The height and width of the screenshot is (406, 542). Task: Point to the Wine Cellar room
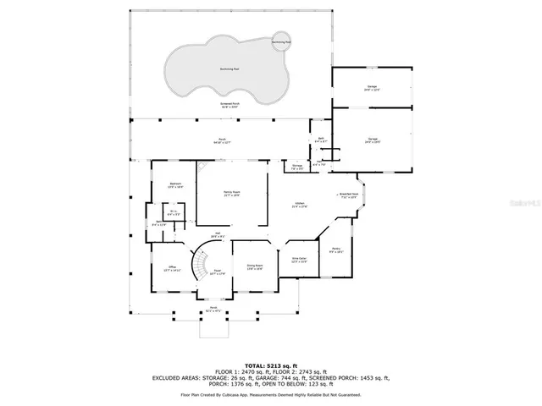(x=299, y=260)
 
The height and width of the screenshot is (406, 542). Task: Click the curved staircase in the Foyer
(x=201, y=266)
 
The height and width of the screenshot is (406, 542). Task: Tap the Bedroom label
(x=176, y=184)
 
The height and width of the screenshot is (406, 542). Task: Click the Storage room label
(x=297, y=167)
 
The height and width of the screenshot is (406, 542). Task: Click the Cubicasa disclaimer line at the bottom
(x=270, y=394)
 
